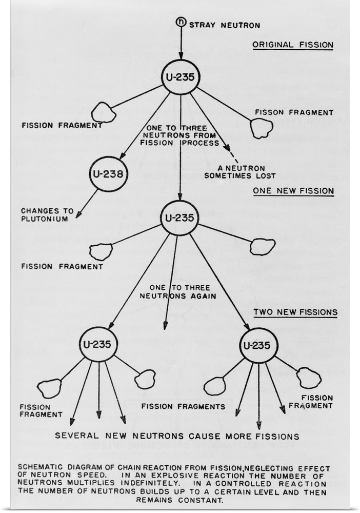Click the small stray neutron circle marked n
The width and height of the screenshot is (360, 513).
pyautogui.click(x=181, y=22)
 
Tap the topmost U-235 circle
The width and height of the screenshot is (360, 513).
pyautogui.click(x=181, y=78)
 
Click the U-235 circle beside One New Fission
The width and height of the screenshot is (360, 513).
pyautogui.click(x=179, y=218)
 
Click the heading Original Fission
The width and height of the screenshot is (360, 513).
pyautogui.click(x=292, y=46)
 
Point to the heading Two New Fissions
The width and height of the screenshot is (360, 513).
pyautogui.click(x=295, y=312)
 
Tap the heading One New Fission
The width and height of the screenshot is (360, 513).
pyautogui.click(x=293, y=191)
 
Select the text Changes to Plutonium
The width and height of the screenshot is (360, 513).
pyautogui.click(x=44, y=214)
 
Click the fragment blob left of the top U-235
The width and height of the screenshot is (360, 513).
pyautogui.click(x=103, y=112)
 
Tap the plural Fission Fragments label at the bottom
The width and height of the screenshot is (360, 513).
pyautogui.click(x=184, y=407)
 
